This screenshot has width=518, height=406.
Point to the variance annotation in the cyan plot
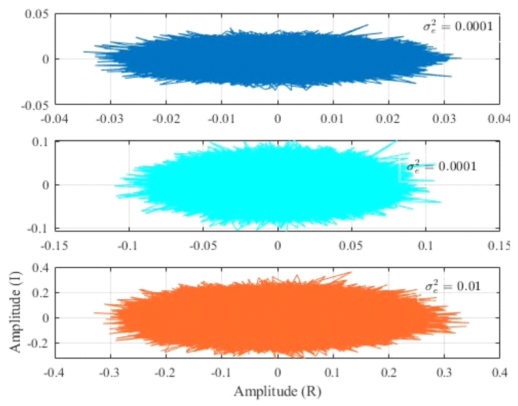[441, 167]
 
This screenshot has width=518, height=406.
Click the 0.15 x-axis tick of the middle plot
[500, 246]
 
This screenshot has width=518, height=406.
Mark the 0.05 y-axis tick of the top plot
[37, 14]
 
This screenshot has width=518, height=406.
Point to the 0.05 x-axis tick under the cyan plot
[352, 246]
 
